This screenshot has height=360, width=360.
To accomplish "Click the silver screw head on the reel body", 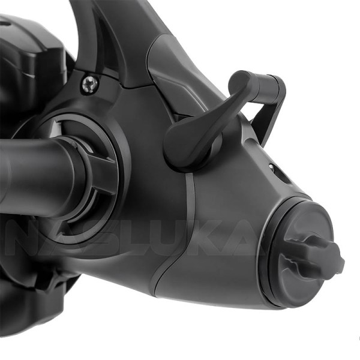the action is (x=91, y=84).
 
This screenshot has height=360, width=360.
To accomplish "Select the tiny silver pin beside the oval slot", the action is (x=271, y=167).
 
